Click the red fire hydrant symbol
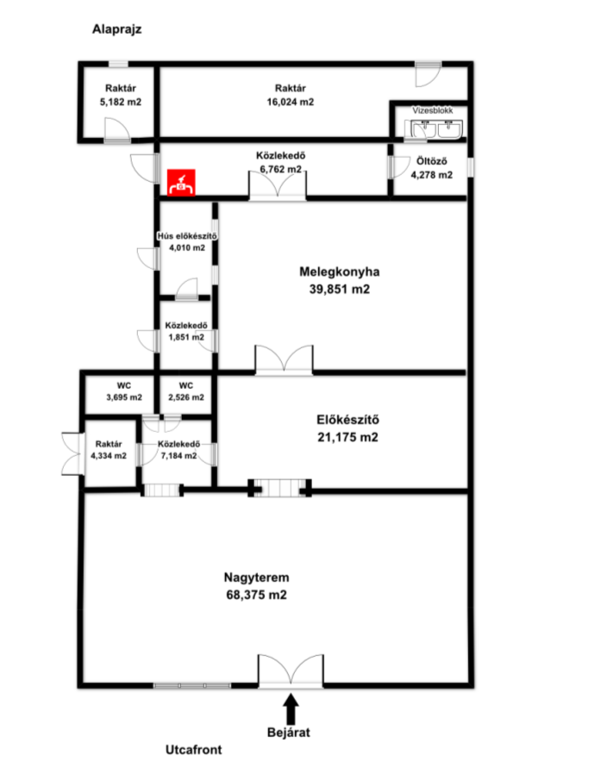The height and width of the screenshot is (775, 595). [x=181, y=183]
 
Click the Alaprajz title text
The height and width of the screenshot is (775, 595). [x=116, y=29]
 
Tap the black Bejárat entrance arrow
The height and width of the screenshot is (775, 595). [x=291, y=709]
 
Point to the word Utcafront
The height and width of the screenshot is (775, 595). [x=193, y=750]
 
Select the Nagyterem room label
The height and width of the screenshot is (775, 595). [x=256, y=578]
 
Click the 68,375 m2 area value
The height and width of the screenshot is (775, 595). [x=256, y=595]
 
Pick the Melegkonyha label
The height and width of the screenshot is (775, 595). [x=339, y=272]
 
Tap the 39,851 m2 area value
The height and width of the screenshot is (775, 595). [x=339, y=289]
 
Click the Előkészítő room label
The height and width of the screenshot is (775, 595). [x=348, y=420]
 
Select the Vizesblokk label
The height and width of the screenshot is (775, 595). [x=433, y=110]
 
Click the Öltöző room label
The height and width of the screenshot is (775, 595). [x=432, y=161]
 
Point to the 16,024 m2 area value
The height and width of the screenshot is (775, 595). [x=291, y=102]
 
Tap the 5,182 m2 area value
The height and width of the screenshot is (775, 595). [x=121, y=102]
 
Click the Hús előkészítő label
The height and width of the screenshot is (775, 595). [x=187, y=235]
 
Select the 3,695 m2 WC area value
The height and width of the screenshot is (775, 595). [x=123, y=397]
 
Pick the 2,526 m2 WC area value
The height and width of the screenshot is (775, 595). [x=186, y=397]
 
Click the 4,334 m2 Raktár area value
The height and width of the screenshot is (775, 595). [x=109, y=456]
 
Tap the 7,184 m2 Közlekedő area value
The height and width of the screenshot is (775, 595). [x=178, y=456]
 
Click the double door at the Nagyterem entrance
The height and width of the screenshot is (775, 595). [x=291, y=672]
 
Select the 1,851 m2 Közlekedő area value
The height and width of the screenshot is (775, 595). [x=186, y=337]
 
